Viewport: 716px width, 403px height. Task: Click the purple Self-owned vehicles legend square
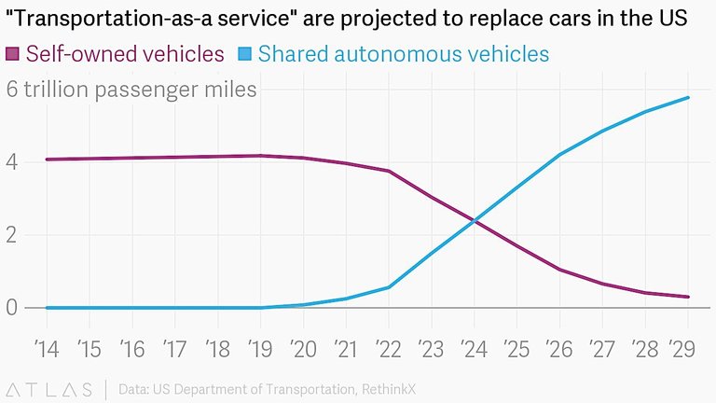tap(14, 54)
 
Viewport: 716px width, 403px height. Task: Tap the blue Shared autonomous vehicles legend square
tap(244, 54)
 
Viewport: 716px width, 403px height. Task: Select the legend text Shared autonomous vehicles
tap(403, 54)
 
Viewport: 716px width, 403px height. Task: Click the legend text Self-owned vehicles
tap(125, 54)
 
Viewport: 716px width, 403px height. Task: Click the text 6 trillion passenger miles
tap(131, 90)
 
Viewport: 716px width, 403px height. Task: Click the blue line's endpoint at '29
tap(688, 97)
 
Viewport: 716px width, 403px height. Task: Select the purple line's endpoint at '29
tap(688, 297)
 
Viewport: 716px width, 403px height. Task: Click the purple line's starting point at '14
tap(47, 160)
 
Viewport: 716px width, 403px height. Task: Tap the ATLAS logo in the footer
tap(49, 388)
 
